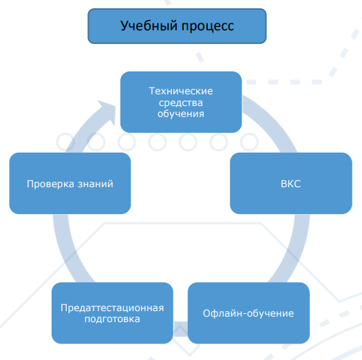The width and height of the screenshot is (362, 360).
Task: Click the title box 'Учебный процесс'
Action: pyautogui.click(x=177, y=26)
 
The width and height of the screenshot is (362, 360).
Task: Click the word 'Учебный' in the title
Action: pyautogui.click(x=149, y=25)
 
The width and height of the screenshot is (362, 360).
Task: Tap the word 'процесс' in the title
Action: pyautogui.click(x=208, y=27)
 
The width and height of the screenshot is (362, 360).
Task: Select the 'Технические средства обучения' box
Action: pyautogui.click(x=181, y=102)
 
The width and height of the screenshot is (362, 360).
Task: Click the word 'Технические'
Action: pyautogui.click(x=181, y=91)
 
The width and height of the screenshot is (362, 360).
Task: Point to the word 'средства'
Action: pyautogui.click(x=181, y=103)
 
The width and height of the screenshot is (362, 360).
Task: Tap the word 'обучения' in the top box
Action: pyautogui.click(x=181, y=114)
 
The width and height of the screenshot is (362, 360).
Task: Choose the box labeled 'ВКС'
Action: pyautogui.click(x=291, y=183)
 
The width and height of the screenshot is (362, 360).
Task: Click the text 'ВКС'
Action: pyautogui.click(x=290, y=184)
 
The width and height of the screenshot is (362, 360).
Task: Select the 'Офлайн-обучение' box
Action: pyautogui.click(x=248, y=313)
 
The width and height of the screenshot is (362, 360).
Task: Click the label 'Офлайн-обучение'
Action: pyautogui.click(x=248, y=313)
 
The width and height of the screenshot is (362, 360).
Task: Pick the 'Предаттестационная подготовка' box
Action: pyautogui.click(x=112, y=313)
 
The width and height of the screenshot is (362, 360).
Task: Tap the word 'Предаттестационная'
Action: pyautogui.click(x=112, y=308)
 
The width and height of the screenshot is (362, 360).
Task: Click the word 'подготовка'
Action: pyautogui.click(x=112, y=319)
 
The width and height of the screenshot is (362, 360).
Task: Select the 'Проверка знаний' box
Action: pyautogui.click(x=70, y=183)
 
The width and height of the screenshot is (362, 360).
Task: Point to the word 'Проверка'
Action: pyautogui.click(x=50, y=184)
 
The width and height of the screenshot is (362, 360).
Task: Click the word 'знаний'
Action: pyautogui.click(x=96, y=184)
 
